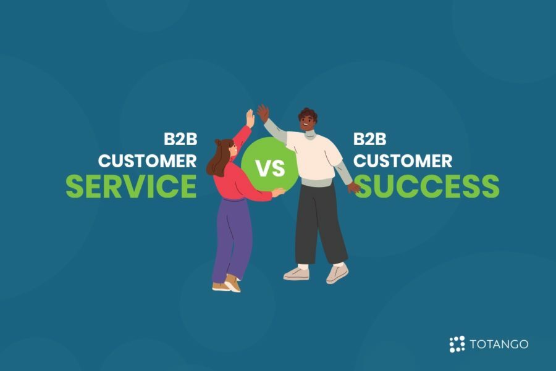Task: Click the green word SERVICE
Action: [131, 186]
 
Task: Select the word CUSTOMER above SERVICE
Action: [148, 160]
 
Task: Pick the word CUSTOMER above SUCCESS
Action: [402, 160]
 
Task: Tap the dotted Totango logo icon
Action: [457, 344]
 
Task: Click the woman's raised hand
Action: [250, 118]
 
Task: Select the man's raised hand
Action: [263, 112]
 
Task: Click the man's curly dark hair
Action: [308, 115]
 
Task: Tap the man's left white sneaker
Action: [296, 273]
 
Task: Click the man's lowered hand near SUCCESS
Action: [354, 187]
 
